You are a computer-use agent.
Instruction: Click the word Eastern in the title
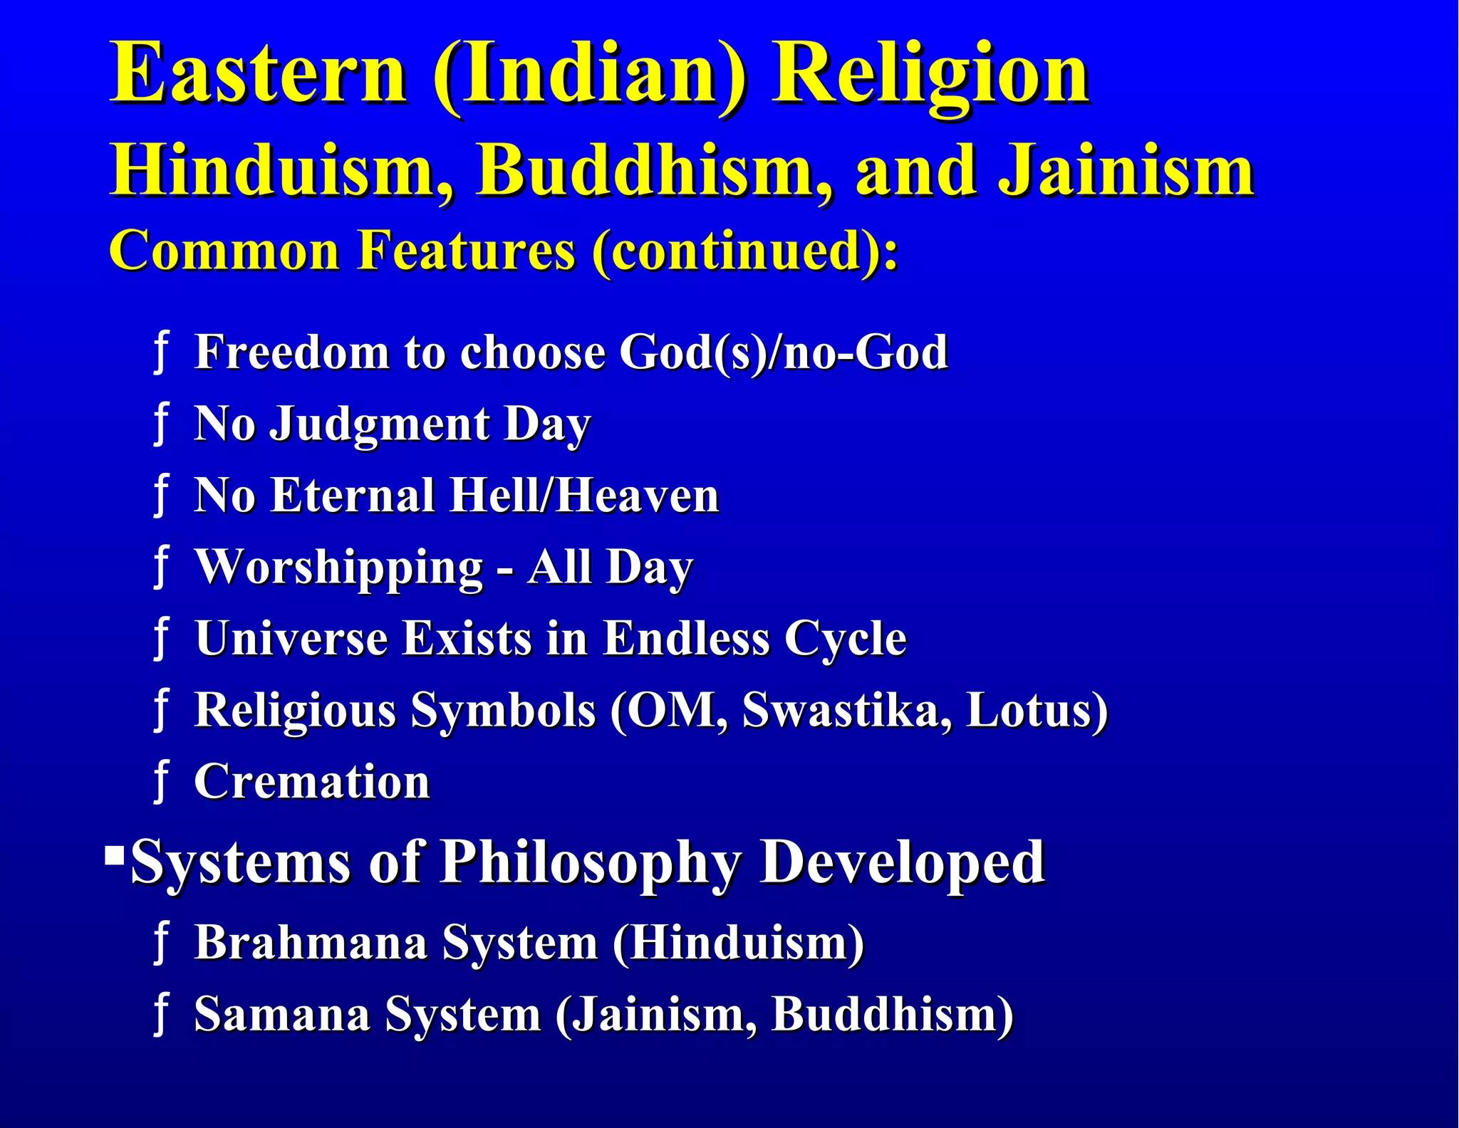coord(258,73)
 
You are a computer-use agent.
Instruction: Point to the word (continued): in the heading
coord(745,251)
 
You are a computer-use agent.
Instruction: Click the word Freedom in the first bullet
coord(292,352)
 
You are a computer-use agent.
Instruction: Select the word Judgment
coord(380,424)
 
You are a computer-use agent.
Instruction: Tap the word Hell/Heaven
coord(584,495)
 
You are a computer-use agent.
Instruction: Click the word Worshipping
coord(339,568)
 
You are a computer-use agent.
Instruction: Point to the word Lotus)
coord(1037,710)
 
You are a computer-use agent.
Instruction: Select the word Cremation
coord(312,782)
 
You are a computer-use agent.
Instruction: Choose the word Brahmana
coord(311,942)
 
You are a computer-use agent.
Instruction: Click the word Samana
coord(281,1014)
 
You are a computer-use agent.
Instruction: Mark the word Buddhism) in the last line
coord(893,1014)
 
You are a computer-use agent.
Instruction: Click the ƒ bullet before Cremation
coord(162,782)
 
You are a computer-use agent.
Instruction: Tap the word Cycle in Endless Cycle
coord(845,639)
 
